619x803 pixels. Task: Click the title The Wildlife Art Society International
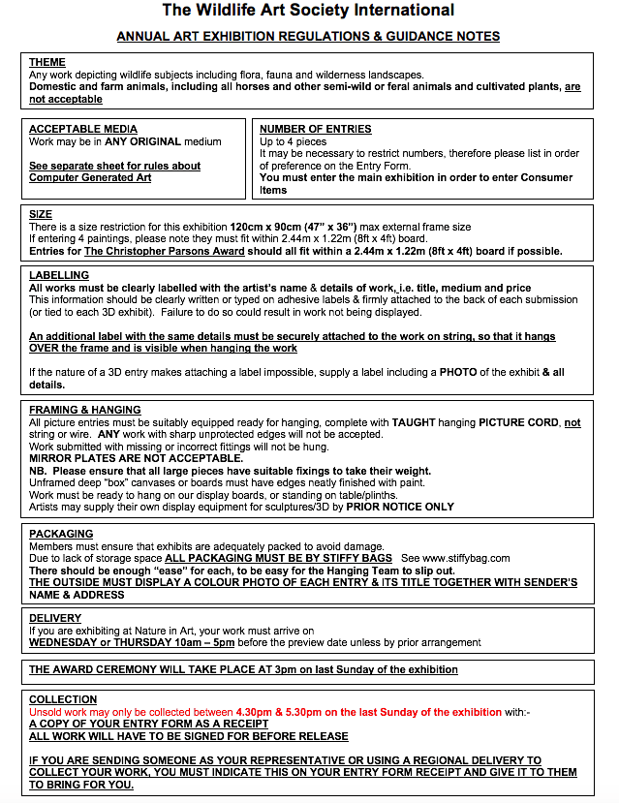coord(308,12)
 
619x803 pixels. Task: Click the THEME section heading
coord(47,63)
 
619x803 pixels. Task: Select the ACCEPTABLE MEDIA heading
coord(83,129)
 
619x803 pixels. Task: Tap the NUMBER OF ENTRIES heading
coord(316,129)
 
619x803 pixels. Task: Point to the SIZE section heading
coord(41,214)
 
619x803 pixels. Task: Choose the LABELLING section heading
coord(59,275)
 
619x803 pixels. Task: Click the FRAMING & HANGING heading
coord(85,410)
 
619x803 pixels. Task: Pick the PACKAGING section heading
coord(61,534)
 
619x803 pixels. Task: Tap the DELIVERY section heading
coord(55,617)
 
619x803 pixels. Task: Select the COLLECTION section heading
coord(63,698)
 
